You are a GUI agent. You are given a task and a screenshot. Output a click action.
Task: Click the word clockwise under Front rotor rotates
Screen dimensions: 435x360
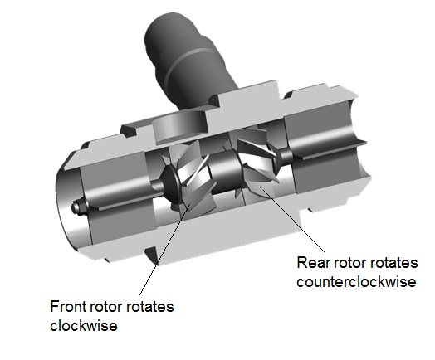[x=84, y=325]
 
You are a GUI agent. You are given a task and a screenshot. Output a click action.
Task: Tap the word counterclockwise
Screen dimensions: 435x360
[x=356, y=281]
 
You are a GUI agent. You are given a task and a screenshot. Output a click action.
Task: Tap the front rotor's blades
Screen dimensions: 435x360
[x=193, y=178]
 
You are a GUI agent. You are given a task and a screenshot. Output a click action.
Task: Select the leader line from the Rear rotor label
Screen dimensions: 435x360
[x=295, y=221]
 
